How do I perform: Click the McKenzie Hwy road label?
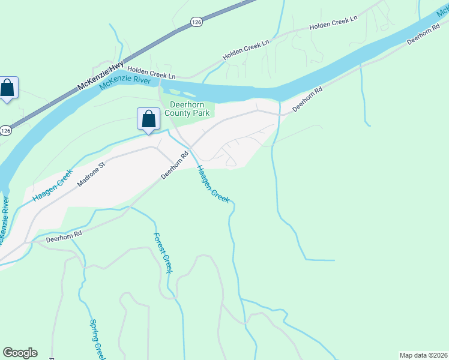pyautogui.click(x=101, y=76)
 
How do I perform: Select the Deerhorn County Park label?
pyautogui.click(x=187, y=109)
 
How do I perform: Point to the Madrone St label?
pyautogui.click(x=90, y=173)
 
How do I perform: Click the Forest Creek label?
pyautogui.click(x=163, y=253)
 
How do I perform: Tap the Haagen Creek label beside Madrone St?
pyautogui.click(x=53, y=185)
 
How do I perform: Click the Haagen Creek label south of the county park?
pyautogui.click(x=213, y=184)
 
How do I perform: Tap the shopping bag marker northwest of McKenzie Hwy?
pyautogui.click(x=7, y=88)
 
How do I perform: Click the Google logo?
pyautogui.click(x=20, y=353)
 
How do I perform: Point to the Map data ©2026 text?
pyautogui.click(x=423, y=355)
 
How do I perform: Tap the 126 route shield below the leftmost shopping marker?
pyautogui.click(x=5, y=130)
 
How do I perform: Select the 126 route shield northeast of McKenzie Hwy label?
pyautogui.click(x=196, y=22)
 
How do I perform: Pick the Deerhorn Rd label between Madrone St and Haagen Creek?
pyautogui.click(x=175, y=165)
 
